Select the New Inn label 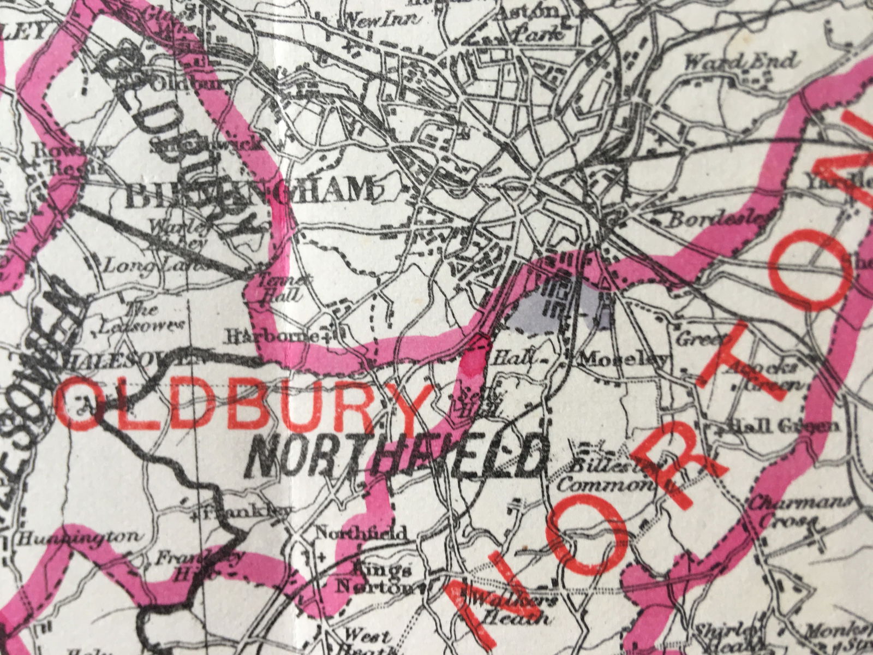click(380, 20)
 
